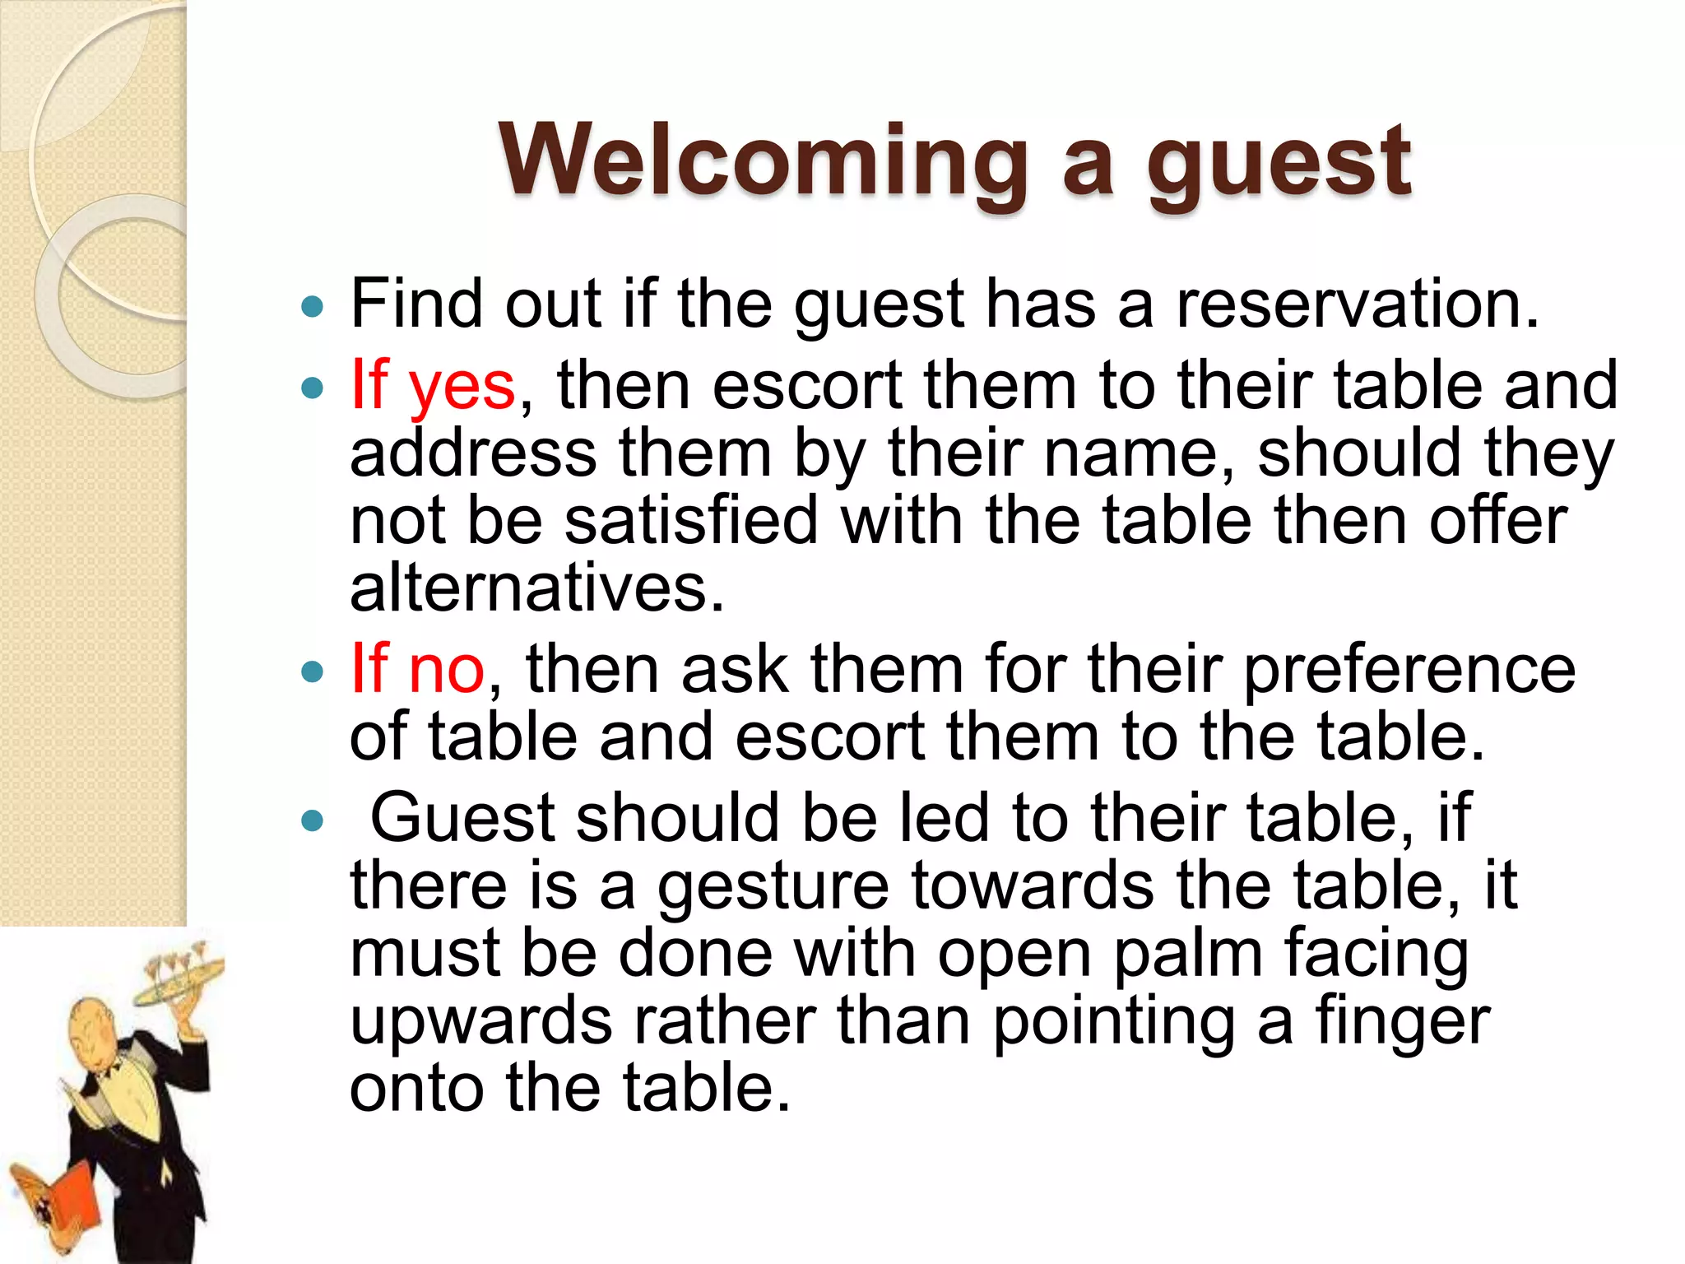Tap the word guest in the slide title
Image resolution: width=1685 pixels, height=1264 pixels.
pyautogui.click(x=1279, y=165)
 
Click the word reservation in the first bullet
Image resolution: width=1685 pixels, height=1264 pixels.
pyautogui.click(x=1357, y=304)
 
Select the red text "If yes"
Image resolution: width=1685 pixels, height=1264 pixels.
pyautogui.click(x=433, y=385)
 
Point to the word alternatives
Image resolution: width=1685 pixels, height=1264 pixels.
pyautogui.click(x=536, y=588)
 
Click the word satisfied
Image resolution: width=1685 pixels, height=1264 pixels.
pyautogui.click(x=691, y=521)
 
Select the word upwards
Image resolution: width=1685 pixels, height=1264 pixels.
pyautogui.click(x=480, y=1023)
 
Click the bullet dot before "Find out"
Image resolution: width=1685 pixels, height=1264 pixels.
pyautogui.click(x=313, y=308)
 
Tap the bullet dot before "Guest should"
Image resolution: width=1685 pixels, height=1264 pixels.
pyautogui.click(x=313, y=820)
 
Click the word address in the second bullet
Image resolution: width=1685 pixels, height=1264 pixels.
pyautogui.click(x=473, y=453)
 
